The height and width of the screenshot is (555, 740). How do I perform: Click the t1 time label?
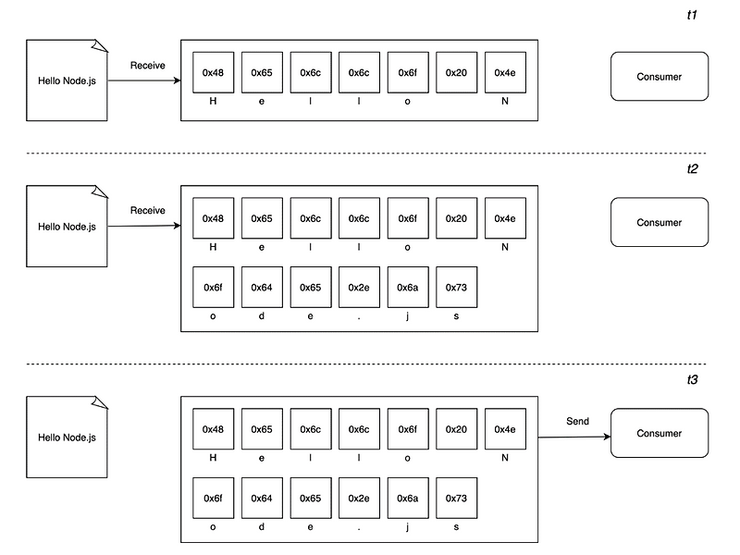coord(691,17)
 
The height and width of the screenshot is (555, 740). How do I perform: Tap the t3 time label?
coord(691,380)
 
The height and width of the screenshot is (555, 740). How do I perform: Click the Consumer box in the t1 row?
coord(659,77)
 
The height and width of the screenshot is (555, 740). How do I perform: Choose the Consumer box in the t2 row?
coord(659,222)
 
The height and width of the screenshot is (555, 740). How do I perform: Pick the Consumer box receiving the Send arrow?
coord(659,433)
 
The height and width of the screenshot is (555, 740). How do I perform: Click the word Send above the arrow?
coord(577,421)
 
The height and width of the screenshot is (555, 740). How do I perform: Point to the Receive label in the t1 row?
coord(147,65)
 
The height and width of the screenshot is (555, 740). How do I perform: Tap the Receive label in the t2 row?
coord(147,210)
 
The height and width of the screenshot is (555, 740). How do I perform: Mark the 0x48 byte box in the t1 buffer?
coord(213,72)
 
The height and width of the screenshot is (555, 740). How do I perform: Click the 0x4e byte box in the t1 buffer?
coord(505,72)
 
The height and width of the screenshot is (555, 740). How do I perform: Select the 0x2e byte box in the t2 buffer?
coord(359,288)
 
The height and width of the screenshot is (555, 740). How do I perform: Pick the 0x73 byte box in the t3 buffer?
coord(456,499)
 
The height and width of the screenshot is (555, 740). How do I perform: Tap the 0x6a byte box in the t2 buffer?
coord(408,288)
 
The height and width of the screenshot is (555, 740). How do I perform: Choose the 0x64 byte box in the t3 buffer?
coord(262,499)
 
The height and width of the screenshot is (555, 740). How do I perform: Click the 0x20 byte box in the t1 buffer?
coord(456,72)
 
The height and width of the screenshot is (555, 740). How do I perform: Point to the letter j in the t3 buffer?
coord(408,526)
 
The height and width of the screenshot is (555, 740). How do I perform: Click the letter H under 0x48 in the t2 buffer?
coord(213,247)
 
